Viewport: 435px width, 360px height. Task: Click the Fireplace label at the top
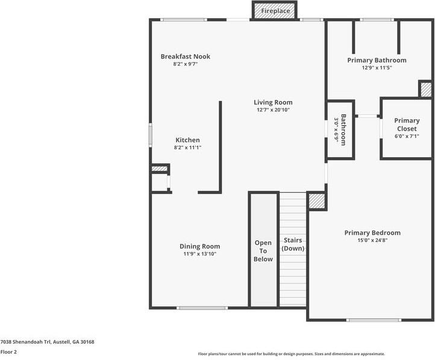pyautogui.click(x=275, y=11)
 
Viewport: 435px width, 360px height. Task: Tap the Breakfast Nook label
pyautogui.click(x=186, y=57)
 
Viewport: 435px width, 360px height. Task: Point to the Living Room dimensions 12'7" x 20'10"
pyautogui.click(x=273, y=110)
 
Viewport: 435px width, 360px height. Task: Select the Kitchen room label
pyautogui.click(x=187, y=140)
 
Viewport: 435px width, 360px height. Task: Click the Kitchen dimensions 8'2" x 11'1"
pyautogui.click(x=187, y=147)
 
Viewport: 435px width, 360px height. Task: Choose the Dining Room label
pyautogui.click(x=200, y=246)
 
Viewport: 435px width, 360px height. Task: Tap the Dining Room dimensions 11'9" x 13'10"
pyautogui.click(x=200, y=254)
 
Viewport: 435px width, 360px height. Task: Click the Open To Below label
pyautogui.click(x=263, y=251)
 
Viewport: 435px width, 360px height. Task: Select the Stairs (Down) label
pyautogui.click(x=293, y=244)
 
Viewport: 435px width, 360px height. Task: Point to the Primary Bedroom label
pyautogui.click(x=372, y=233)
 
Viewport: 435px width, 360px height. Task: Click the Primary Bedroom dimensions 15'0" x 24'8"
pyautogui.click(x=372, y=240)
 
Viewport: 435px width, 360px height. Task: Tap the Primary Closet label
pyautogui.click(x=407, y=125)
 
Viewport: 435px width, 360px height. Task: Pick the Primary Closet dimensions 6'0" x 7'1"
pyautogui.click(x=407, y=136)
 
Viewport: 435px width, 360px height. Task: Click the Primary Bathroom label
pyautogui.click(x=377, y=60)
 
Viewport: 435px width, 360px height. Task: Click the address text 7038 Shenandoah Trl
pyautogui.click(x=25, y=342)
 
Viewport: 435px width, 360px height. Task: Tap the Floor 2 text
pyautogui.click(x=8, y=352)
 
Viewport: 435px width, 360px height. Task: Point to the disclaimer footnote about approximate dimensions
pyautogui.click(x=291, y=354)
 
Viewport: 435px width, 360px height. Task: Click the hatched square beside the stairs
pyautogui.click(x=316, y=201)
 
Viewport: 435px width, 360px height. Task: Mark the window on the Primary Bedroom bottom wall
pyautogui.click(x=374, y=320)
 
